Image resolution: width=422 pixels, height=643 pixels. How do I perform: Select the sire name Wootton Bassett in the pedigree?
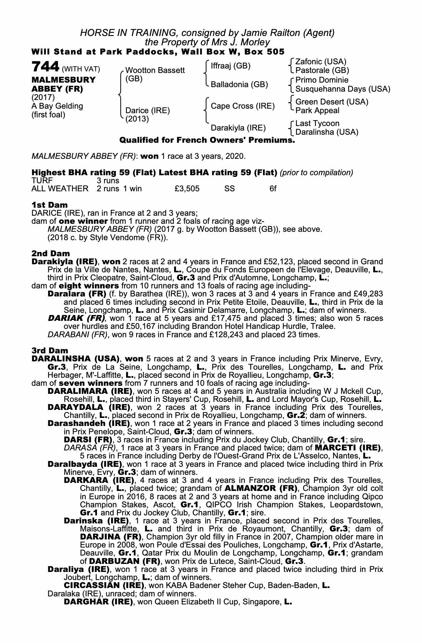[x=155, y=70]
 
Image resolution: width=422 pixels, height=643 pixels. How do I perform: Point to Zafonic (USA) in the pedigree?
[x=321, y=61]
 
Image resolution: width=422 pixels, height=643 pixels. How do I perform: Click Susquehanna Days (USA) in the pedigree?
[x=343, y=89]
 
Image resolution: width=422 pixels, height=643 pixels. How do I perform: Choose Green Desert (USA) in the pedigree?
[x=331, y=102]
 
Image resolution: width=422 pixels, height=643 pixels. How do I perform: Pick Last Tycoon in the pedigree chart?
[x=317, y=123]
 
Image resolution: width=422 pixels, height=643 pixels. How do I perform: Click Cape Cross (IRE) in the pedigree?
[x=242, y=106]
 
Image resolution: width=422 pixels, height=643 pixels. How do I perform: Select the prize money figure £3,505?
[x=187, y=189]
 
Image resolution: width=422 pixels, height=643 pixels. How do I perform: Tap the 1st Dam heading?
[x=49, y=205]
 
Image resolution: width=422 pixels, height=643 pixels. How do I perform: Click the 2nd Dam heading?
[x=50, y=253]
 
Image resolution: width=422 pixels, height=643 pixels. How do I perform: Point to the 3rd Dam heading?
[x=50, y=350]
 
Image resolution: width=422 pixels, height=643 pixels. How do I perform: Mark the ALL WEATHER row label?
[x=60, y=189]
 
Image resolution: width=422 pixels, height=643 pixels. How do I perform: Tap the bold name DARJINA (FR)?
[x=110, y=537]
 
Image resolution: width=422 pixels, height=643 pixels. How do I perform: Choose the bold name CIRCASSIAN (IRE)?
[x=104, y=585]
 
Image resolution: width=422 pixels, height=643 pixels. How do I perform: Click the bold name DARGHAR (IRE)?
[x=98, y=602]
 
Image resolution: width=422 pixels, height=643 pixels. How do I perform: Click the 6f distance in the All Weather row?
[x=273, y=189]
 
